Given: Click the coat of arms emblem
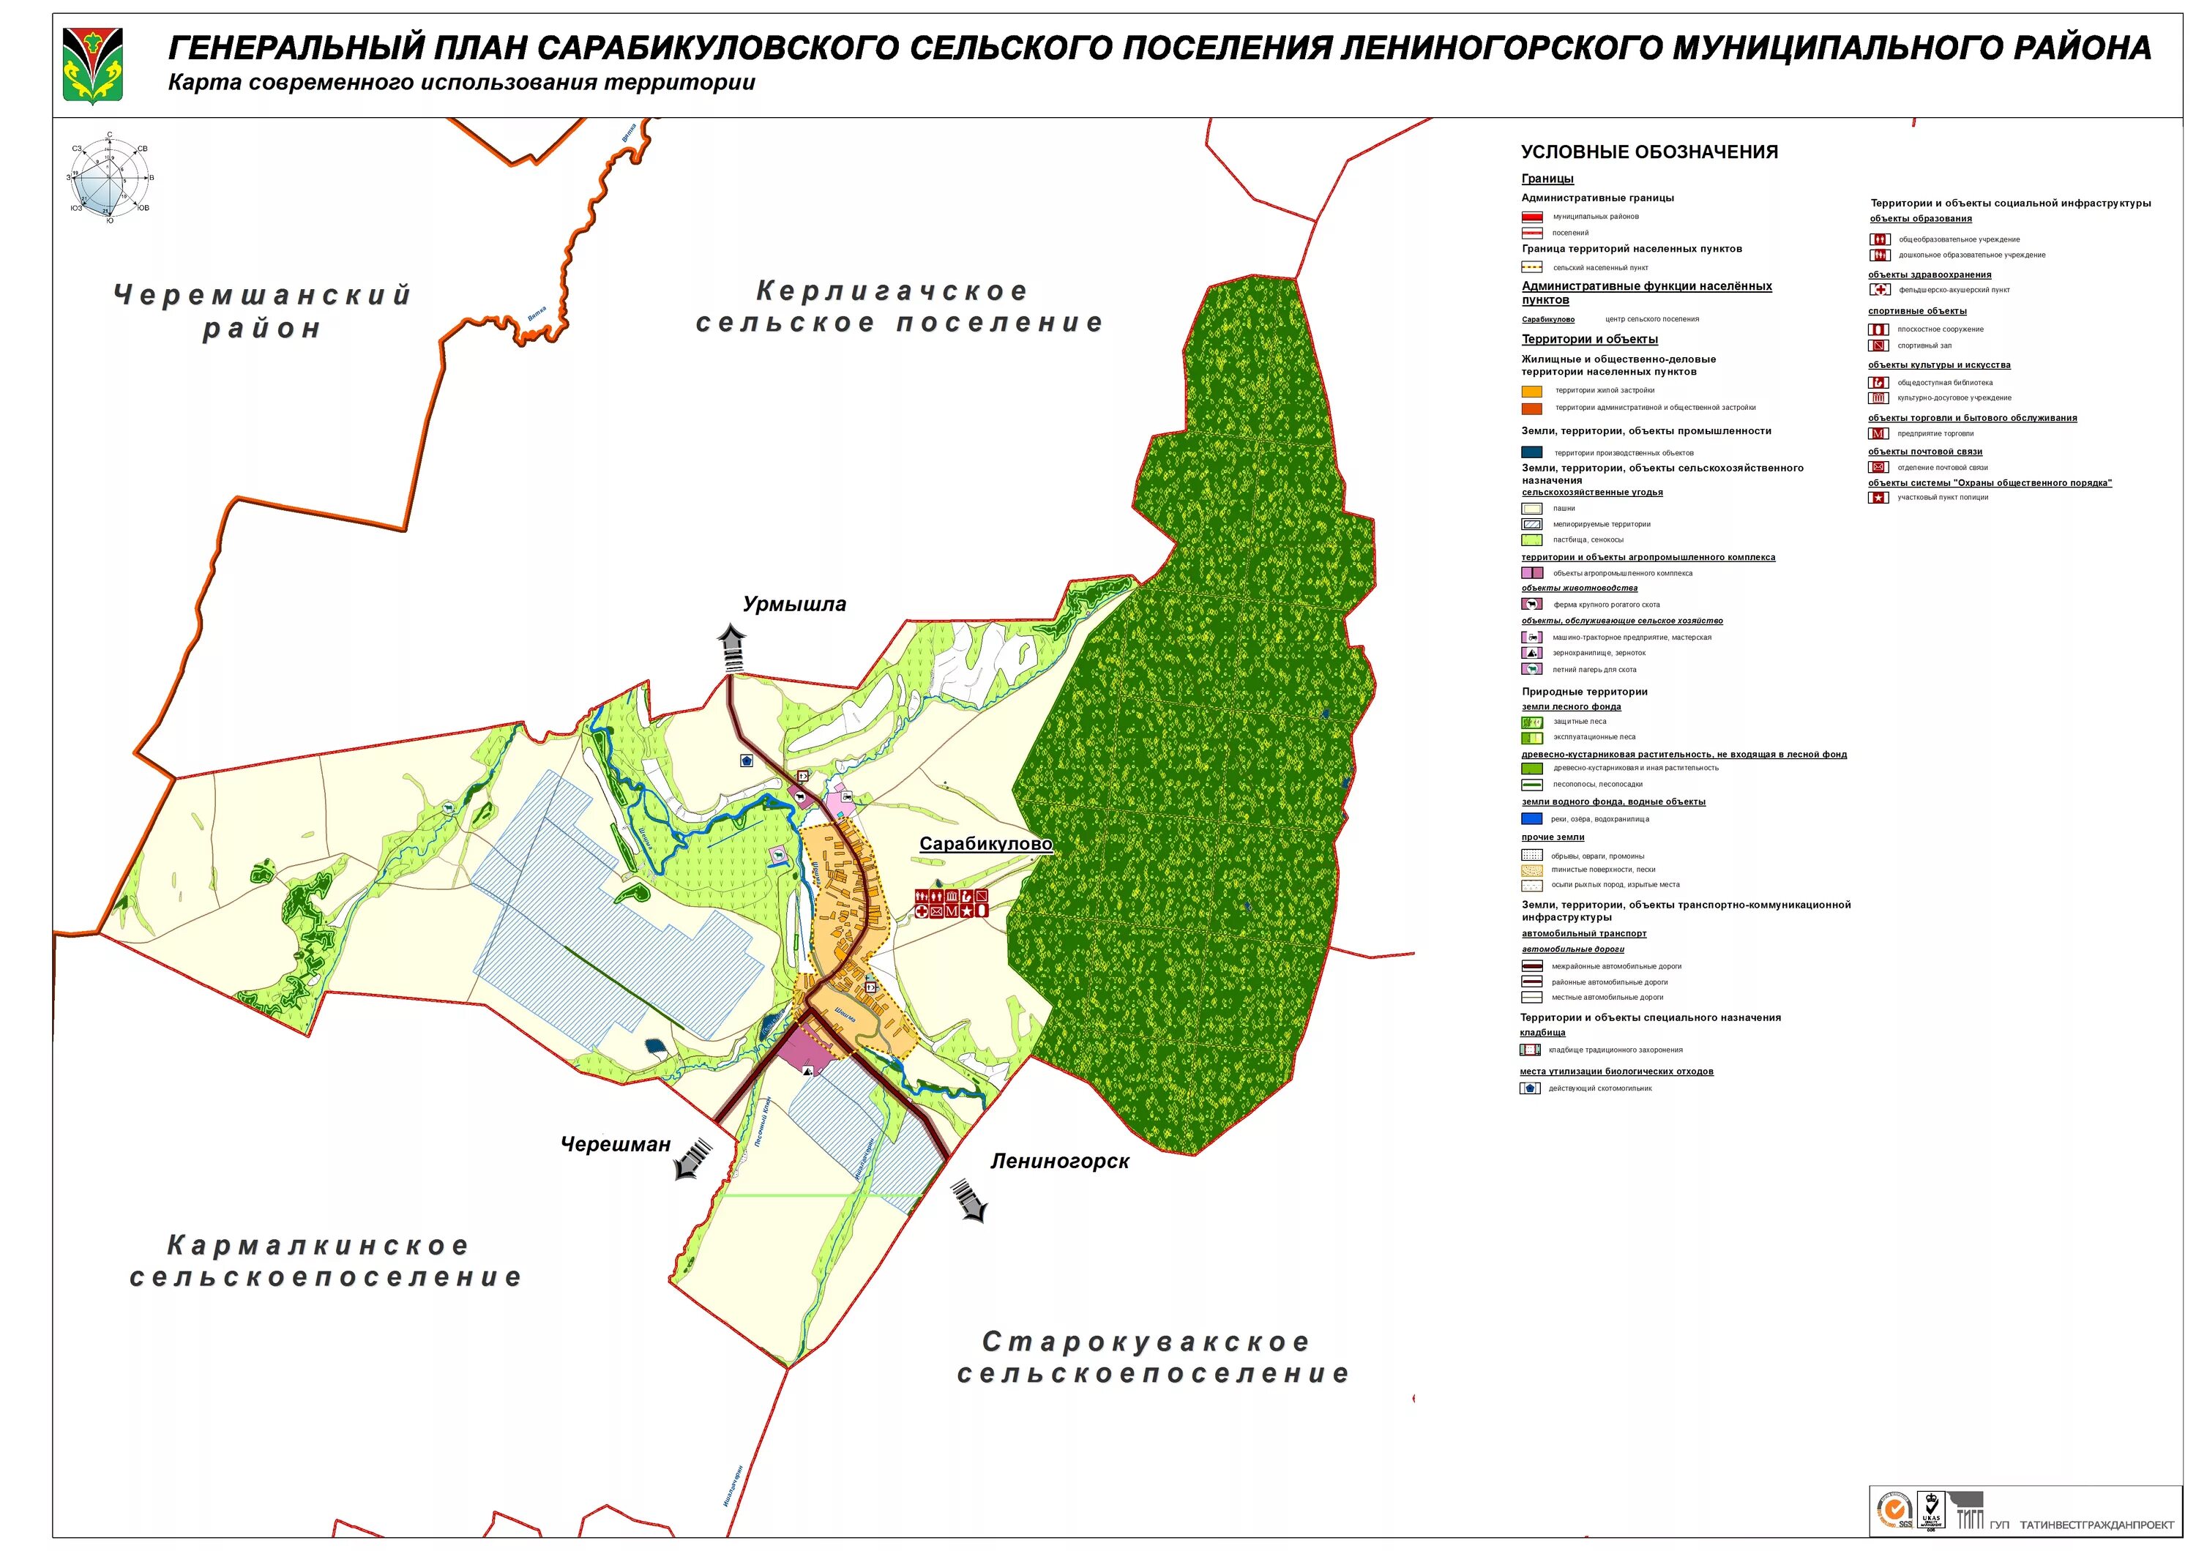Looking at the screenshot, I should click(x=93, y=65).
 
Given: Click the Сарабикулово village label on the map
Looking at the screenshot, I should click(x=985, y=845).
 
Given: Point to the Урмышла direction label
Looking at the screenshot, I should click(x=793, y=605).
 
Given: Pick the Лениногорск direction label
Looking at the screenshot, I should click(x=1060, y=1161).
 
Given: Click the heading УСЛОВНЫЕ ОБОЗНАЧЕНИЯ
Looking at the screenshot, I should click(x=1649, y=152).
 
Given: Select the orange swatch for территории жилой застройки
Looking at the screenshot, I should click(x=1532, y=391).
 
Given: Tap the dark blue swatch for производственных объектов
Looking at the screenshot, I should click(x=1532, y=452).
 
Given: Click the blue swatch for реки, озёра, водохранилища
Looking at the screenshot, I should click(x=1532, y=818).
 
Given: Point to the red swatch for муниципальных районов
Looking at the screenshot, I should click(x=1532, y=217).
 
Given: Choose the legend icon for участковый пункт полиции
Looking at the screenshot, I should click(x=1878, y=497).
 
